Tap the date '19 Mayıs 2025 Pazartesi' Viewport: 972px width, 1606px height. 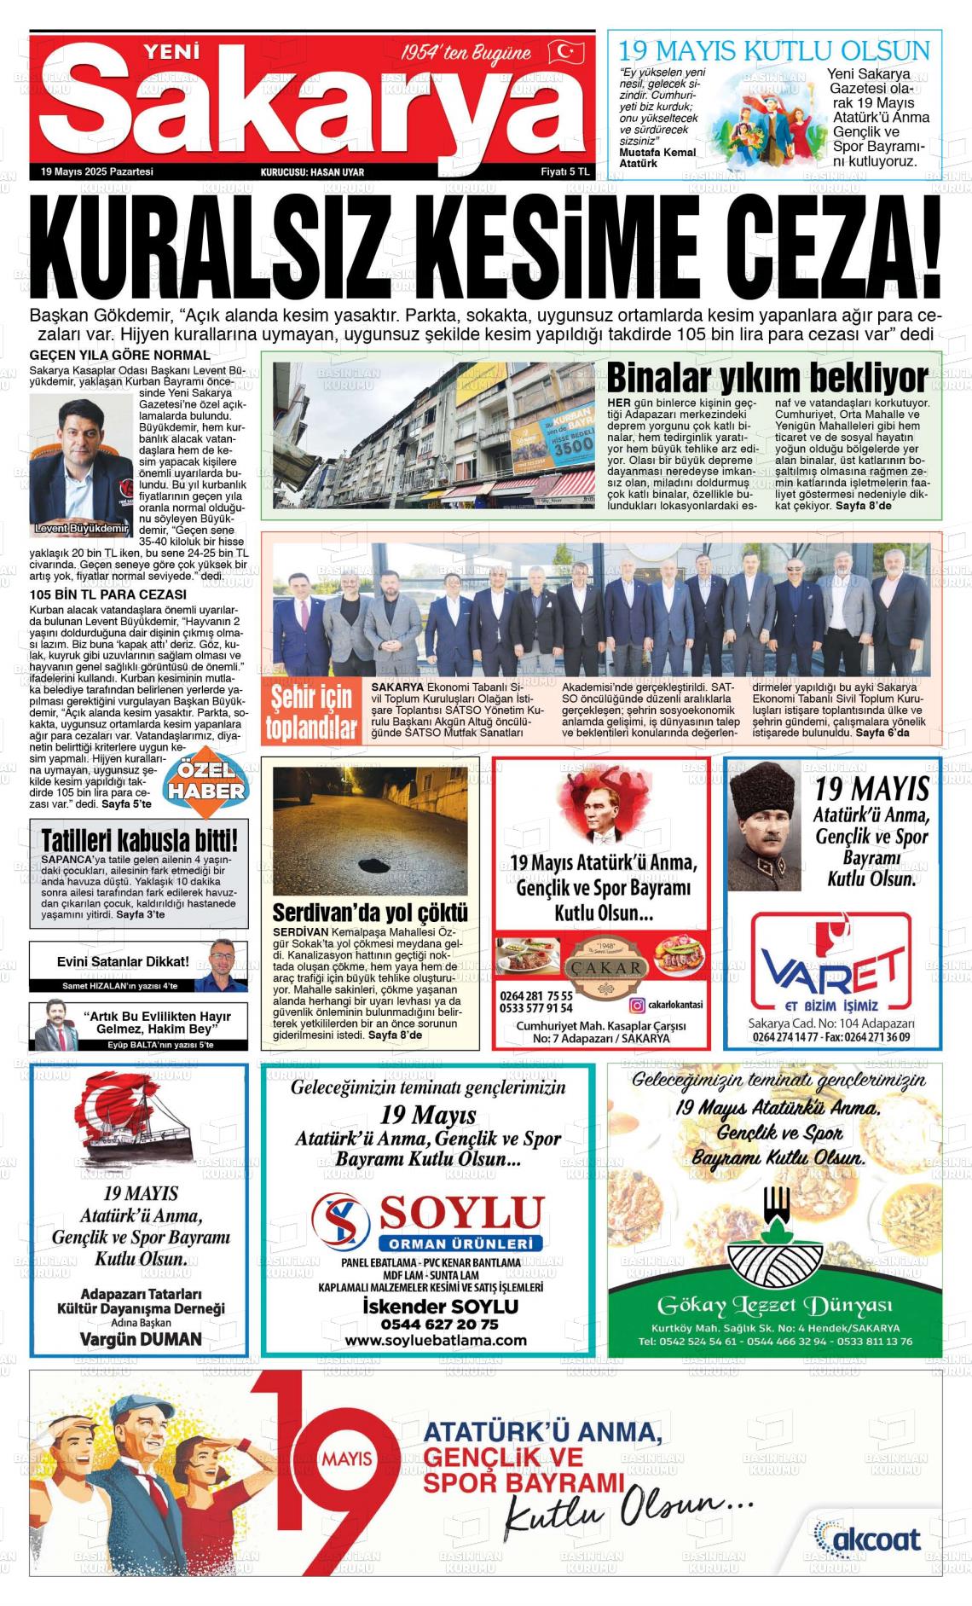click(96, 171)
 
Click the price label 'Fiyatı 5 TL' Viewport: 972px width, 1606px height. click(565, 171)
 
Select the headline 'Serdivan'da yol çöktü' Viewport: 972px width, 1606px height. click(370, 912)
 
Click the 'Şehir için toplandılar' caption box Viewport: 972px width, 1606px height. click(310, 712)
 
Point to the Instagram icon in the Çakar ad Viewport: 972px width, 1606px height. click(636, 1005)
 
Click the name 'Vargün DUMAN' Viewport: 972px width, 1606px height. click(141, 1338)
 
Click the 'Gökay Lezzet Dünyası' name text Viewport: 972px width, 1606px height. click(774, 1306)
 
